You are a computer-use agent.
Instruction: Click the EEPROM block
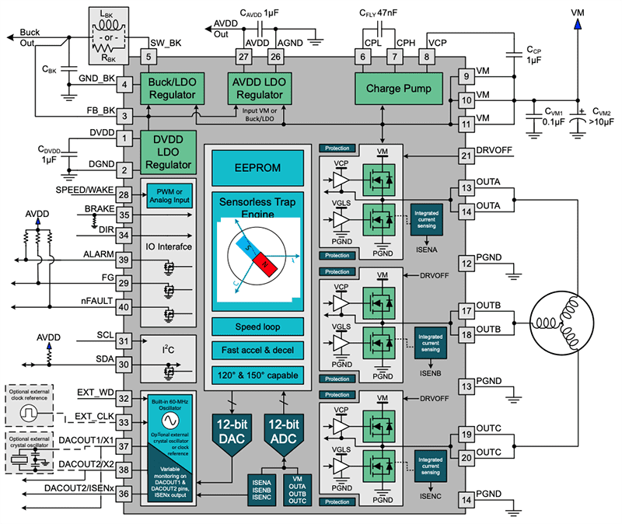(257, 167)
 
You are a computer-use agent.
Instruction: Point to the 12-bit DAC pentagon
(231, 432)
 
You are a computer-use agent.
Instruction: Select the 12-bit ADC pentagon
(281, 432)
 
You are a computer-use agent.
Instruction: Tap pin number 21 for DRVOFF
(466, 155)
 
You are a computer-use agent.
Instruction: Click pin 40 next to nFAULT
(124, 306)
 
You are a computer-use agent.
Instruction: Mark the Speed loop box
(257, 327)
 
